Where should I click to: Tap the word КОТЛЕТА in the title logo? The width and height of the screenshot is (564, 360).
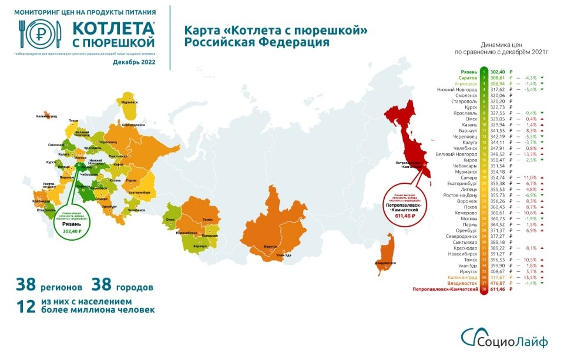115,29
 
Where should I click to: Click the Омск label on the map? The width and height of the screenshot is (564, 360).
172,219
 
